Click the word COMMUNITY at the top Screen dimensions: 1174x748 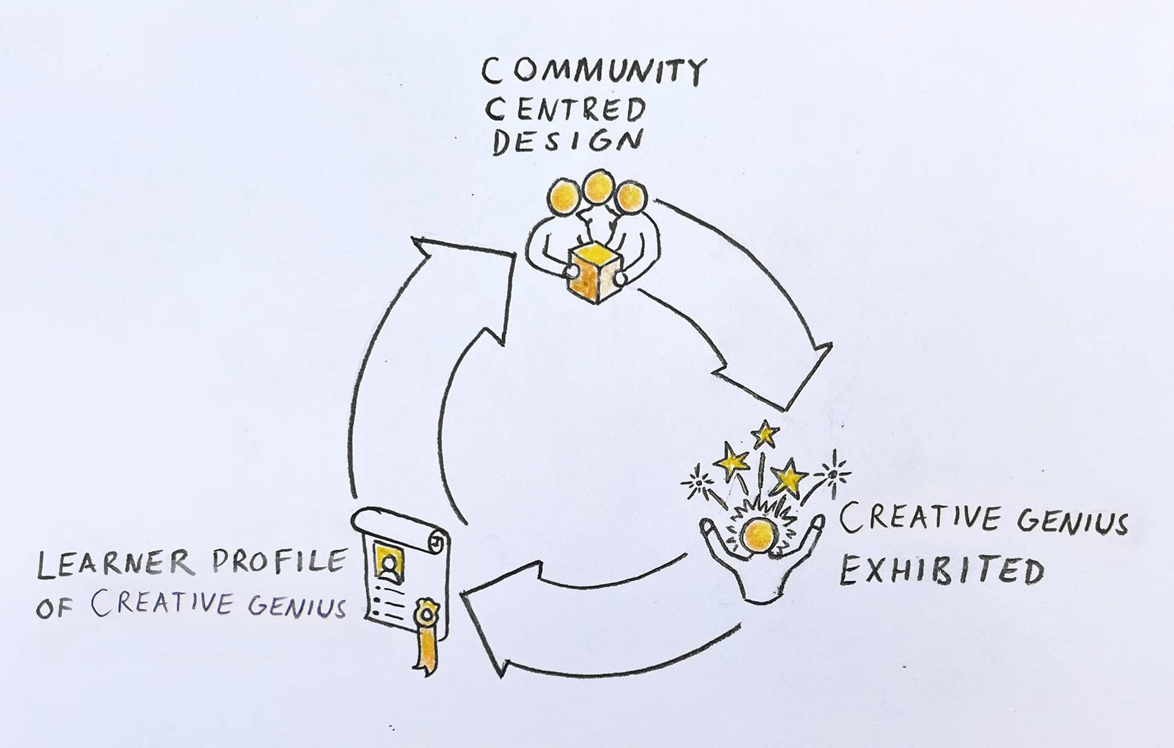click(x=594, y=72)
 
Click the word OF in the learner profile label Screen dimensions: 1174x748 click(x=54, y=609)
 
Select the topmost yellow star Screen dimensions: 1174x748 click(x=764, y=434)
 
